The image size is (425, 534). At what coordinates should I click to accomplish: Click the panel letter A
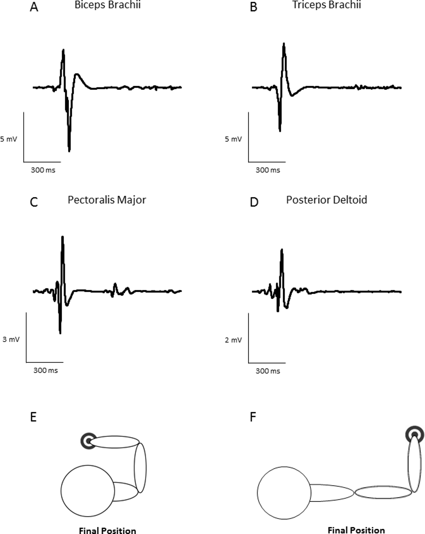coord(34,7)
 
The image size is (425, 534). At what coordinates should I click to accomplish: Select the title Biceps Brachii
coord(107,5)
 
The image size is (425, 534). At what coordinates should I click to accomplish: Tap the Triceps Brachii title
coord(327,5)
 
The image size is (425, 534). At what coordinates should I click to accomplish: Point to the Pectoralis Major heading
coord(107,200)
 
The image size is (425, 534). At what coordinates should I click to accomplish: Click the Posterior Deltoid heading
coord(327,200)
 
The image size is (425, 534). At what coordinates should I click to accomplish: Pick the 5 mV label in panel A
coord(9,139)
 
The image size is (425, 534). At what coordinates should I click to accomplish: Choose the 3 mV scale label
coord(11,339)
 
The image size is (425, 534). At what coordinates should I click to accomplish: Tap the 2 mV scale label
coord(233,340)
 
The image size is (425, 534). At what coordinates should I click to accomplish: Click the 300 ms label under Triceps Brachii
coord(268,170)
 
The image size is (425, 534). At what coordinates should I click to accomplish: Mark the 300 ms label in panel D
coord(268,371)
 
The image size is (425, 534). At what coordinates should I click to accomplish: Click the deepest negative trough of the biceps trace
coord(69,150)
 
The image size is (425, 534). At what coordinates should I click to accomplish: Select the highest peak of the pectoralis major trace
coord(63,237)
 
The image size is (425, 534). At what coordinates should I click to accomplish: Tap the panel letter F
coord(253,417)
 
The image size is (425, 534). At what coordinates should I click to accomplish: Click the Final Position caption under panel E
coord(107,530)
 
